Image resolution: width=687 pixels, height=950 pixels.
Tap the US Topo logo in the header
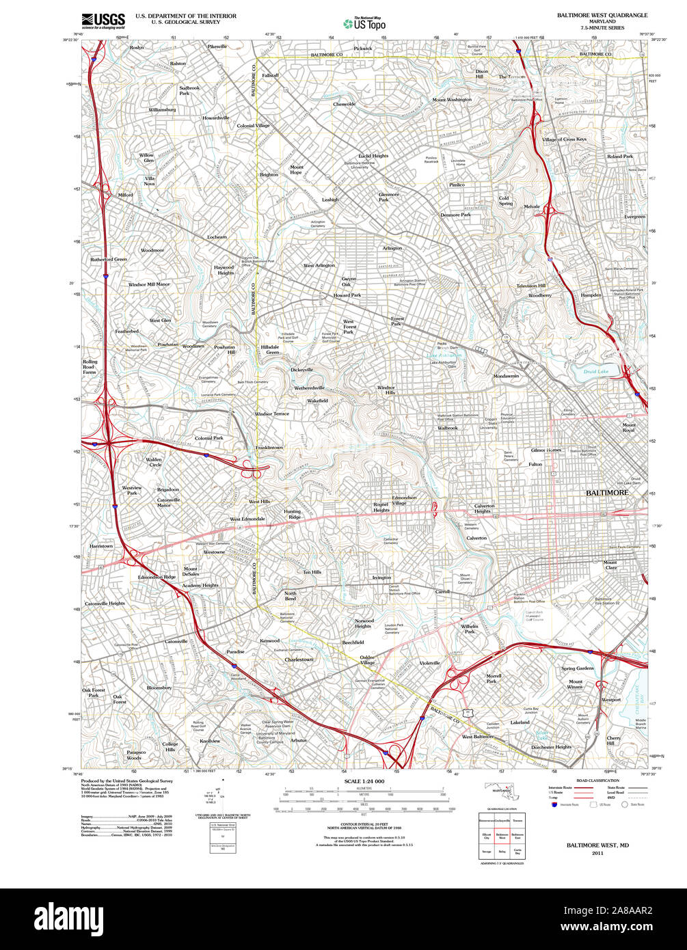click(364, 23)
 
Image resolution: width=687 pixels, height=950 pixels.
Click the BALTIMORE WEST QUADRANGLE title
click(602, 14)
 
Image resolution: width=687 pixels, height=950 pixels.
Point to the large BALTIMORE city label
click(607, 493)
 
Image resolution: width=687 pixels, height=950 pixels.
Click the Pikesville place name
click(217, 46)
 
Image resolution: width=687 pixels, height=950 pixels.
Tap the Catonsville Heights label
click(105, 603)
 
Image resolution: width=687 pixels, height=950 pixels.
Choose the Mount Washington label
click(452, 100)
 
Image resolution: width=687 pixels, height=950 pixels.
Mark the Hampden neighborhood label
click(591, 295)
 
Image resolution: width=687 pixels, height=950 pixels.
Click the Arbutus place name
click(299, 741)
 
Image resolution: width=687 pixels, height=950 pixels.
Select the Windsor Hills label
click(386, 390)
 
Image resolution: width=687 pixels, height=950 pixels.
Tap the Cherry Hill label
click(614, 741)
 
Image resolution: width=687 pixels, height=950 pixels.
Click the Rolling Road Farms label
click(90, 366)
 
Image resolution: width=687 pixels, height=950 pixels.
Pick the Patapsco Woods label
click(134, 755)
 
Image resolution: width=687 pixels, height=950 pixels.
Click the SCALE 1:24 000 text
click(364, 781)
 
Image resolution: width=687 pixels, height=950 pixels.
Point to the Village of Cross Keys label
click(564, 139)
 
